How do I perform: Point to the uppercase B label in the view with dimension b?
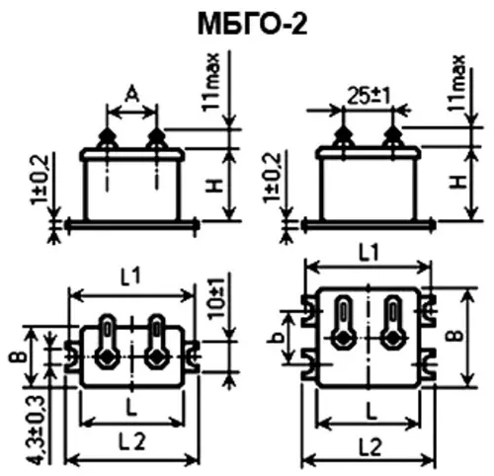(453, 336)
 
